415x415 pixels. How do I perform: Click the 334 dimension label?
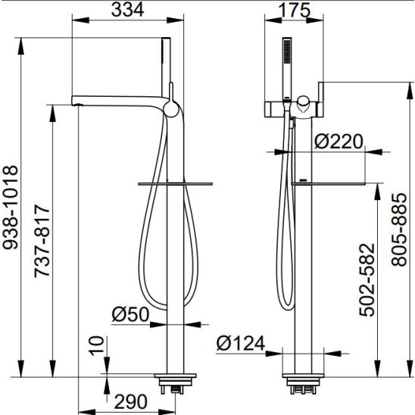click(127, 10)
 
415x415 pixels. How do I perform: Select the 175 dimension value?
click(294, 10)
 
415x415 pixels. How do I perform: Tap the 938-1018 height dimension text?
click(10, 207)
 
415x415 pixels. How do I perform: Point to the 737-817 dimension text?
click(42, 242)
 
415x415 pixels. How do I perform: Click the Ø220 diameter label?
click(339, 142)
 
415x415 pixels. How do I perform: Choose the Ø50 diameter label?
click(130, 314)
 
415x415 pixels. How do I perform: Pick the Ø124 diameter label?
click(241, 343)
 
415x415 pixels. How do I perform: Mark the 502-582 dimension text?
click(367, 280)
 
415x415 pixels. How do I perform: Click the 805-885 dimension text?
click(399, 229)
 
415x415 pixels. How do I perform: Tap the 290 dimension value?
click(130, 401)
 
